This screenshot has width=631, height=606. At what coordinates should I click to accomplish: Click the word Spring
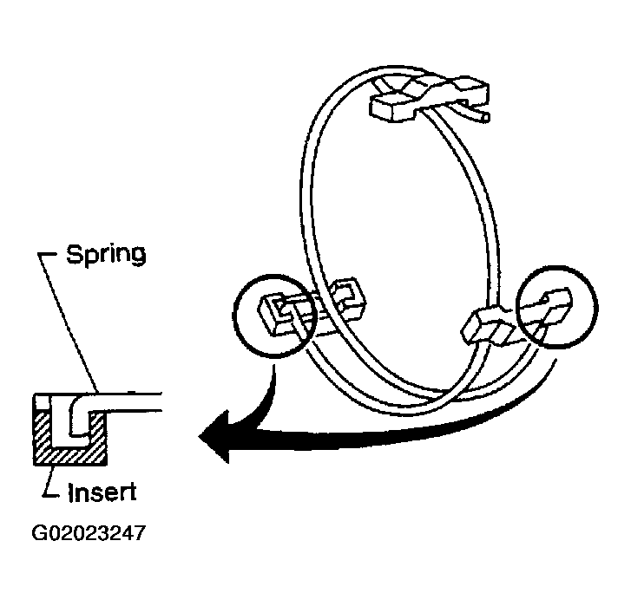point(106,254)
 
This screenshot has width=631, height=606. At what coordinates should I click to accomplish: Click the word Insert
point(102,491)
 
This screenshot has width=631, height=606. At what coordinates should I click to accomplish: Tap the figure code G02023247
point(89,533)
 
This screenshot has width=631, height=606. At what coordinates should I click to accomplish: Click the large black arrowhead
point(215,437)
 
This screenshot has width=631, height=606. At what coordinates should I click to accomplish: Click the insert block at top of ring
point(430,98)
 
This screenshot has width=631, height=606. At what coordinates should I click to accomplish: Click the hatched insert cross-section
point(70,454)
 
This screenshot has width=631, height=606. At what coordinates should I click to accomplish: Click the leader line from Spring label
point(69,322)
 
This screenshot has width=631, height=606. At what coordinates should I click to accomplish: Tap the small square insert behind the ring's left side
point(348,297)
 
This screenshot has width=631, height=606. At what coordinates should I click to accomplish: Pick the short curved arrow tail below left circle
point(266,398)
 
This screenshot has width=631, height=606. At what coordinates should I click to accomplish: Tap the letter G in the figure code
point(39,533)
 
